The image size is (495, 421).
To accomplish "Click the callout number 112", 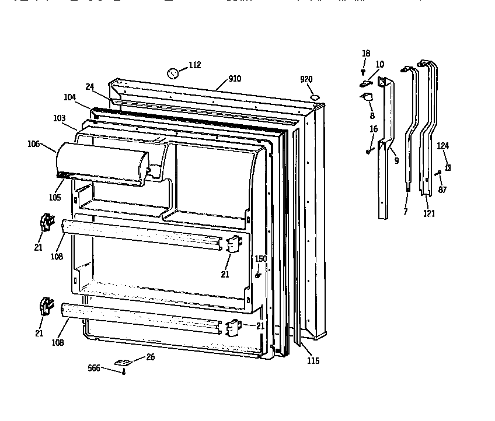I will [194, 65].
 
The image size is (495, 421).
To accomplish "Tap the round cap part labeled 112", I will [173, 73].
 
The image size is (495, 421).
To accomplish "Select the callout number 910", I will [235, 79].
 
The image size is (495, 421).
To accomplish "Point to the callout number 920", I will [306, 79].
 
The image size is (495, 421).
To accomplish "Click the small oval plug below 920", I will [315, 97].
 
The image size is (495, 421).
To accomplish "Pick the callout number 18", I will [366, 54].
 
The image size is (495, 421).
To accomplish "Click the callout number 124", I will [444, 146].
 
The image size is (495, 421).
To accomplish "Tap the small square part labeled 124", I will [448, 167].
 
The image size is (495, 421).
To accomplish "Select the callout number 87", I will [442, 190].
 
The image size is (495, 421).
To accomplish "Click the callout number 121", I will [429, 213].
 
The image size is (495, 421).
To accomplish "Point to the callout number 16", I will [374, 129].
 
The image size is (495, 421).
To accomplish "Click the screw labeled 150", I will [257, 275].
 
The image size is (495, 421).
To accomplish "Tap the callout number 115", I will [313, 361].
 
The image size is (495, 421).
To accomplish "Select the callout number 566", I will [94, 368].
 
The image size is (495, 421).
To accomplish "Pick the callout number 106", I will [34, 143].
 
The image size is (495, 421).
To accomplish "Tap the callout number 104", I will [69, 98].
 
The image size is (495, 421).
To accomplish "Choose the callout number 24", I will [89, 86].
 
